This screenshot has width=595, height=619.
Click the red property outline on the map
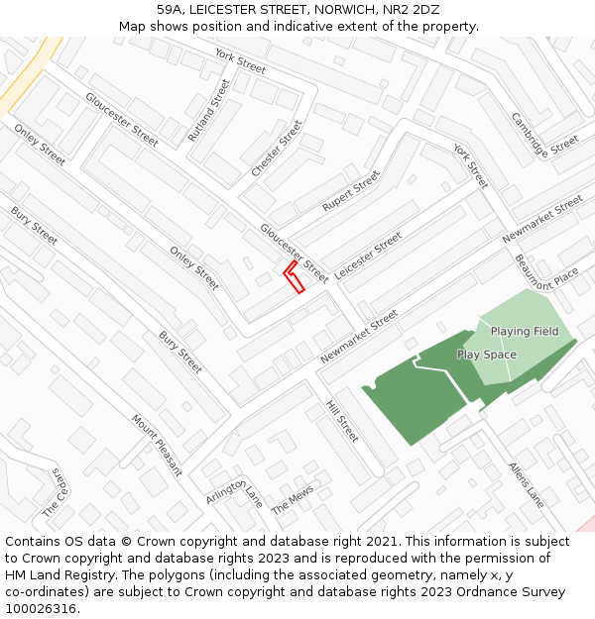[x=294, y=277]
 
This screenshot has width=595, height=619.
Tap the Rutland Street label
[x=208, y=109]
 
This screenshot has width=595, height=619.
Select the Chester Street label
[x=277, y=149]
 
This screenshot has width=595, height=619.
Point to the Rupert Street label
[x=351, y=190]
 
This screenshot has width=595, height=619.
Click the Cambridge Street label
[x=544, y=133]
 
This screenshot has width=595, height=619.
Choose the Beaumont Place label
[x=546, y=270]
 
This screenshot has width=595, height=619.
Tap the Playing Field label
[x=525, y=331]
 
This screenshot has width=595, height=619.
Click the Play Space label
[x=486, y=355]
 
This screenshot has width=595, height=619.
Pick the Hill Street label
[x=342, y=421]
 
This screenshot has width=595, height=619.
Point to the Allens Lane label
[x=527, y=484]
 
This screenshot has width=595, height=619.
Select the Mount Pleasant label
[x=157, y=445]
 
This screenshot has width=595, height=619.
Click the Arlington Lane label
[x=235, y=489]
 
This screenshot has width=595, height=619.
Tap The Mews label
[x=293, y=500]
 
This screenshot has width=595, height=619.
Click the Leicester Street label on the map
[x=368, y=255]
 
